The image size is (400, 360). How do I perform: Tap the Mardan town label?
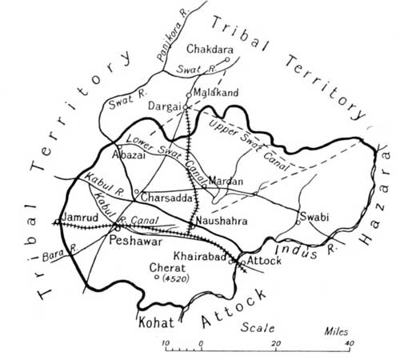pos(225,182)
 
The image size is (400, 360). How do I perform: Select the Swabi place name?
pos(312,215)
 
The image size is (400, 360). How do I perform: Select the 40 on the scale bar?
pos(350,345)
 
